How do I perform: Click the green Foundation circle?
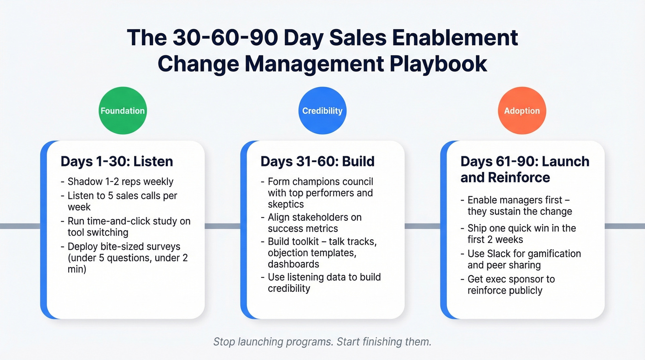[x=123, y=111]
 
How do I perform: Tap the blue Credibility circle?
[x=322, y=111]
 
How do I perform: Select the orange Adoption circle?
[x=522, y=111]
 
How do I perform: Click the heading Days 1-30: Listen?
[x=117, y=161]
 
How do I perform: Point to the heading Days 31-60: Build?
[x=317, y=161]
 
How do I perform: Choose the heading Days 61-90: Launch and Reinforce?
[x=525, y=169]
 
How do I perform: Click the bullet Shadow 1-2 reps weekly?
[x=120, y=182]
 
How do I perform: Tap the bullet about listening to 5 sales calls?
[x=122, y=201]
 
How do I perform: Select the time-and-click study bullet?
[x=129, y=226]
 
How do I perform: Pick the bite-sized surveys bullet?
[x=128, y=257]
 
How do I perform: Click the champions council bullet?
[x=320, y=192]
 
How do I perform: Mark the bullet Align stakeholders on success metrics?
[x=315, y=223]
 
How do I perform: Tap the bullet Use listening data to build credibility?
[x=324, y=283]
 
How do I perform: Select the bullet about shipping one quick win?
[x=522, y=234]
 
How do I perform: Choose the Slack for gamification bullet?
[x=524, y=259]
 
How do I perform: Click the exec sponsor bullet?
[x=511, y=284]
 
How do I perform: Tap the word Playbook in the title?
[x=438, y=64]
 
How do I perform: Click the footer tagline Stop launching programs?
[x=322, y=342]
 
